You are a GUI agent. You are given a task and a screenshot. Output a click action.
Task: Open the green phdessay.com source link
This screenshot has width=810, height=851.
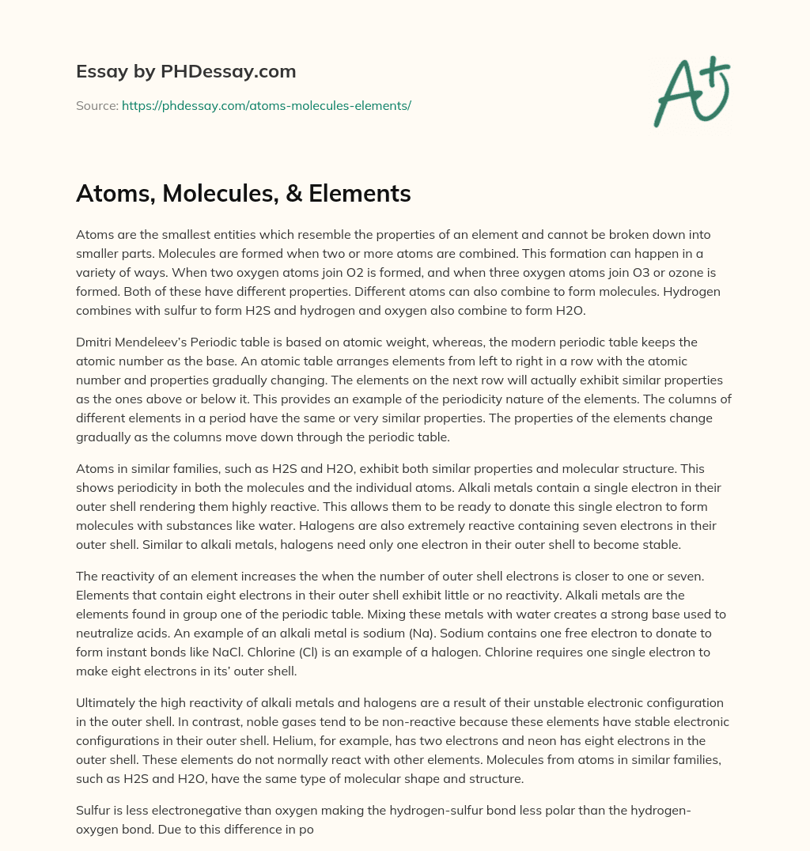267,105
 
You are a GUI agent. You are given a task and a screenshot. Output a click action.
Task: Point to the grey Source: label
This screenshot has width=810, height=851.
97,105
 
